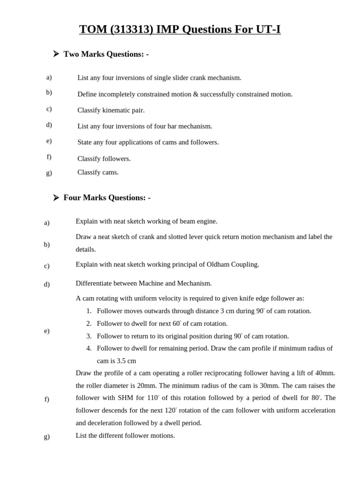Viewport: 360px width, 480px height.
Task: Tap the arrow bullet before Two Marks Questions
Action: pos(56,54)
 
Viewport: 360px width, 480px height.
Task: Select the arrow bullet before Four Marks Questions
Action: pos(56,198)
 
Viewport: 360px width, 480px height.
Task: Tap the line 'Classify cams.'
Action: pos(98,172)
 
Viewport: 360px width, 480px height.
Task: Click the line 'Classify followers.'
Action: pos(104,158)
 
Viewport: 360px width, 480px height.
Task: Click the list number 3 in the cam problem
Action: pos(89,336)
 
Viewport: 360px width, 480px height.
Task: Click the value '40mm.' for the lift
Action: pos(325,373)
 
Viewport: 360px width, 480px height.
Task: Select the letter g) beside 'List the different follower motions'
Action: pos(47,436)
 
